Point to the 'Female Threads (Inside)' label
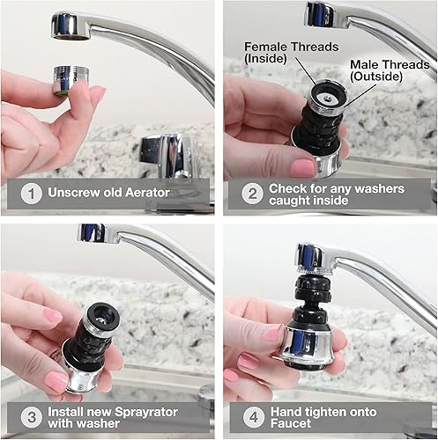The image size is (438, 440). tap(279, 50)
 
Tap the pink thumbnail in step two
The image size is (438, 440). tap(302, 166)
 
